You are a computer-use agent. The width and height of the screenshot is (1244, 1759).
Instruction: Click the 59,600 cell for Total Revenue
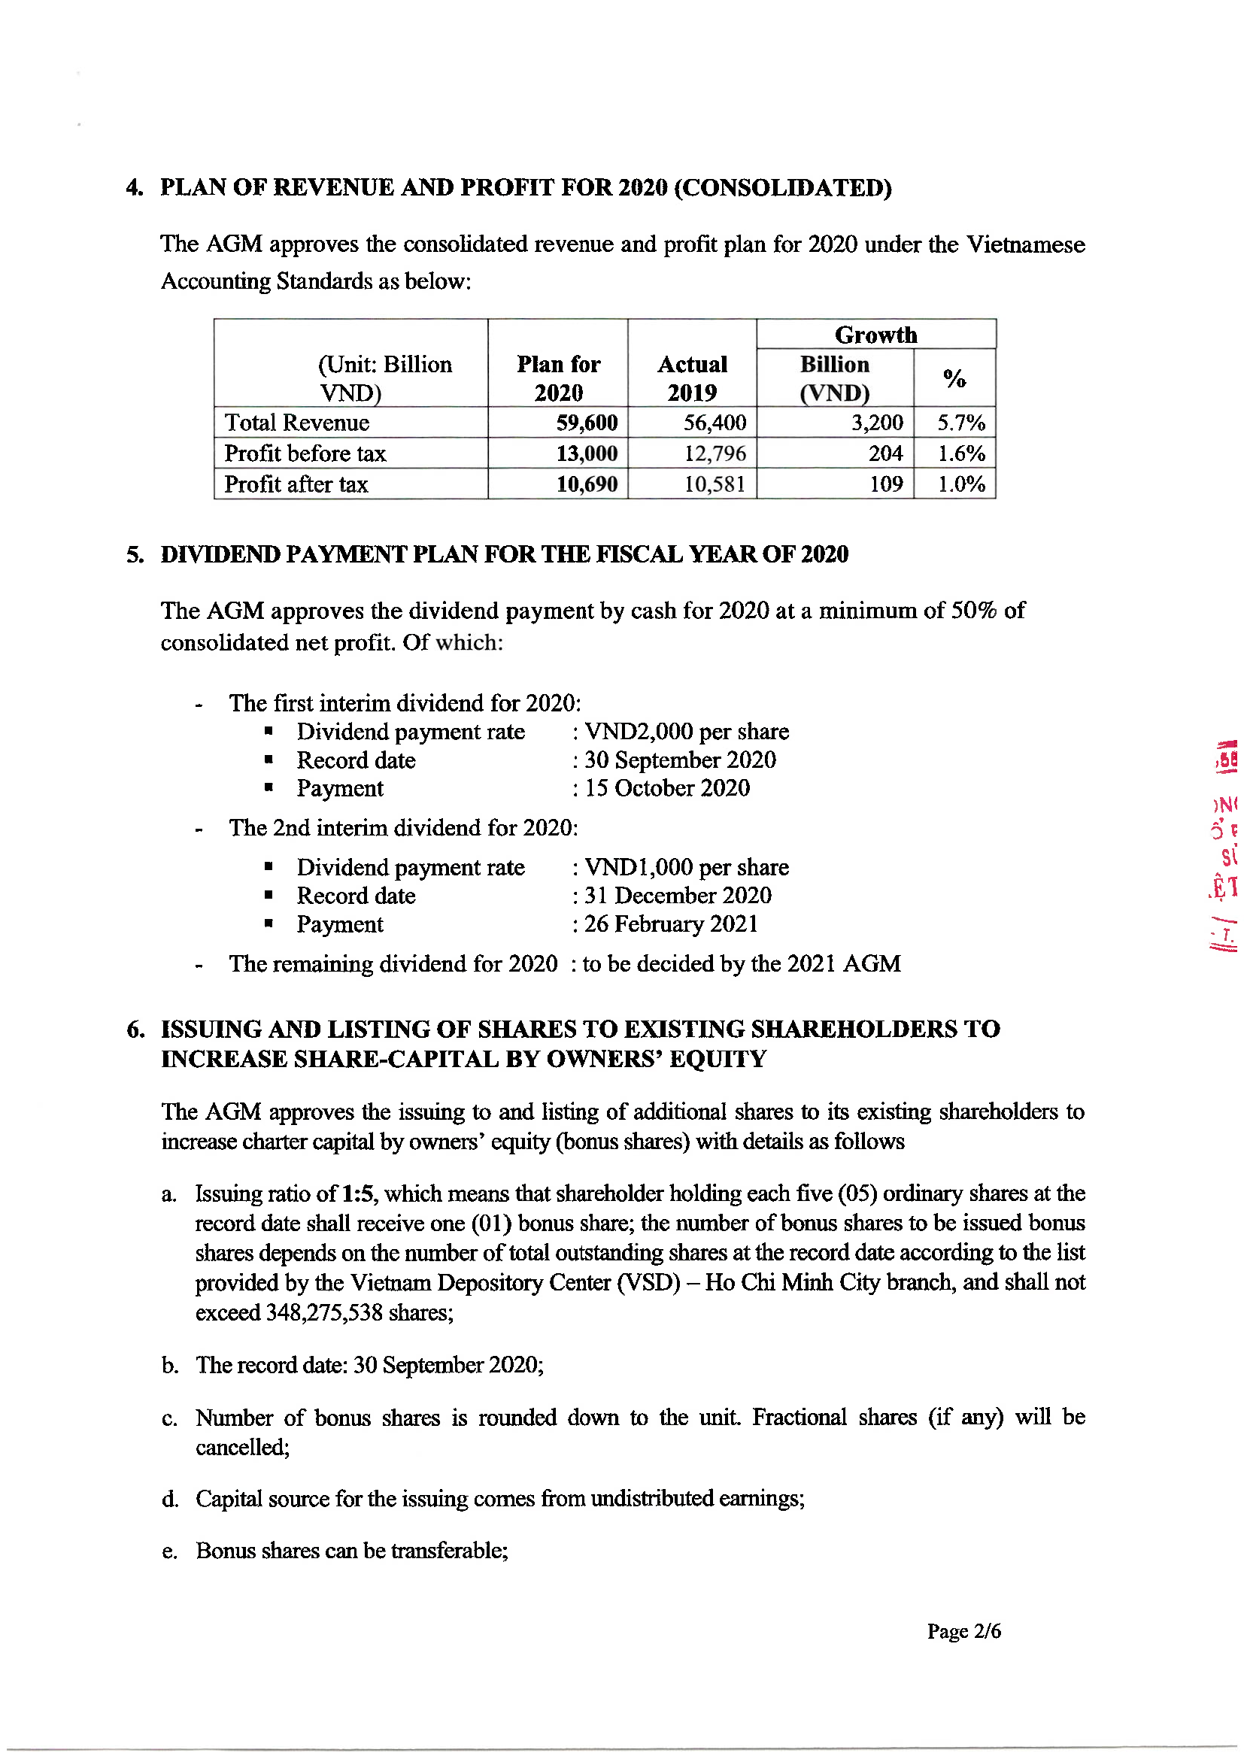[x=587, y=423]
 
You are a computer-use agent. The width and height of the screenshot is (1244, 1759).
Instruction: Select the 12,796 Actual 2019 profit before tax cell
[x=714, y=453]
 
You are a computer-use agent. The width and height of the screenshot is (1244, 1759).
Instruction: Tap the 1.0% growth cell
[x=960, y=484]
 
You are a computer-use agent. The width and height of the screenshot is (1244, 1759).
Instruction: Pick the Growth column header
[x=875, y=335]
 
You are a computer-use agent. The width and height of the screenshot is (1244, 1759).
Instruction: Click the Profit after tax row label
[x=296, y=484]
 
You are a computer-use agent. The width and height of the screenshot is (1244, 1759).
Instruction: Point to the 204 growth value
[x=884, y=453]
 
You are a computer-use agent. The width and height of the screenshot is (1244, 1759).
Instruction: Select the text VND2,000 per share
[x=687, y=732]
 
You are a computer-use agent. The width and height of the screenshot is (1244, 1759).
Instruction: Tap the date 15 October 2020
[x=667, y=788]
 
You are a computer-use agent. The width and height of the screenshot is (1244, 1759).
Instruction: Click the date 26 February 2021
[x=671, y=924]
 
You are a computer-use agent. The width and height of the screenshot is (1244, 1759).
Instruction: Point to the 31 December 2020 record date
[x=678, y=896]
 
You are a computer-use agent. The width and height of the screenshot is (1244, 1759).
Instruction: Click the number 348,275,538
[x=323, y=1312]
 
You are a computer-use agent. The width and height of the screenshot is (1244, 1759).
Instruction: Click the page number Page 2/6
[x=963, y=1631]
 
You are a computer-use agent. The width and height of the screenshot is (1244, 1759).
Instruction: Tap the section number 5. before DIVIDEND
[x=135, y=555]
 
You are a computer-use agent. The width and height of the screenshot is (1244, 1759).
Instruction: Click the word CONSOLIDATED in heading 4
[x=783, y=188]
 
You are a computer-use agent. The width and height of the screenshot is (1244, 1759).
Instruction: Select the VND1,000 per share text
[x=687, y=867]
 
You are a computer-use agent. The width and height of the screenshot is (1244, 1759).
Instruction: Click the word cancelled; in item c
[x=242, y=1447]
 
